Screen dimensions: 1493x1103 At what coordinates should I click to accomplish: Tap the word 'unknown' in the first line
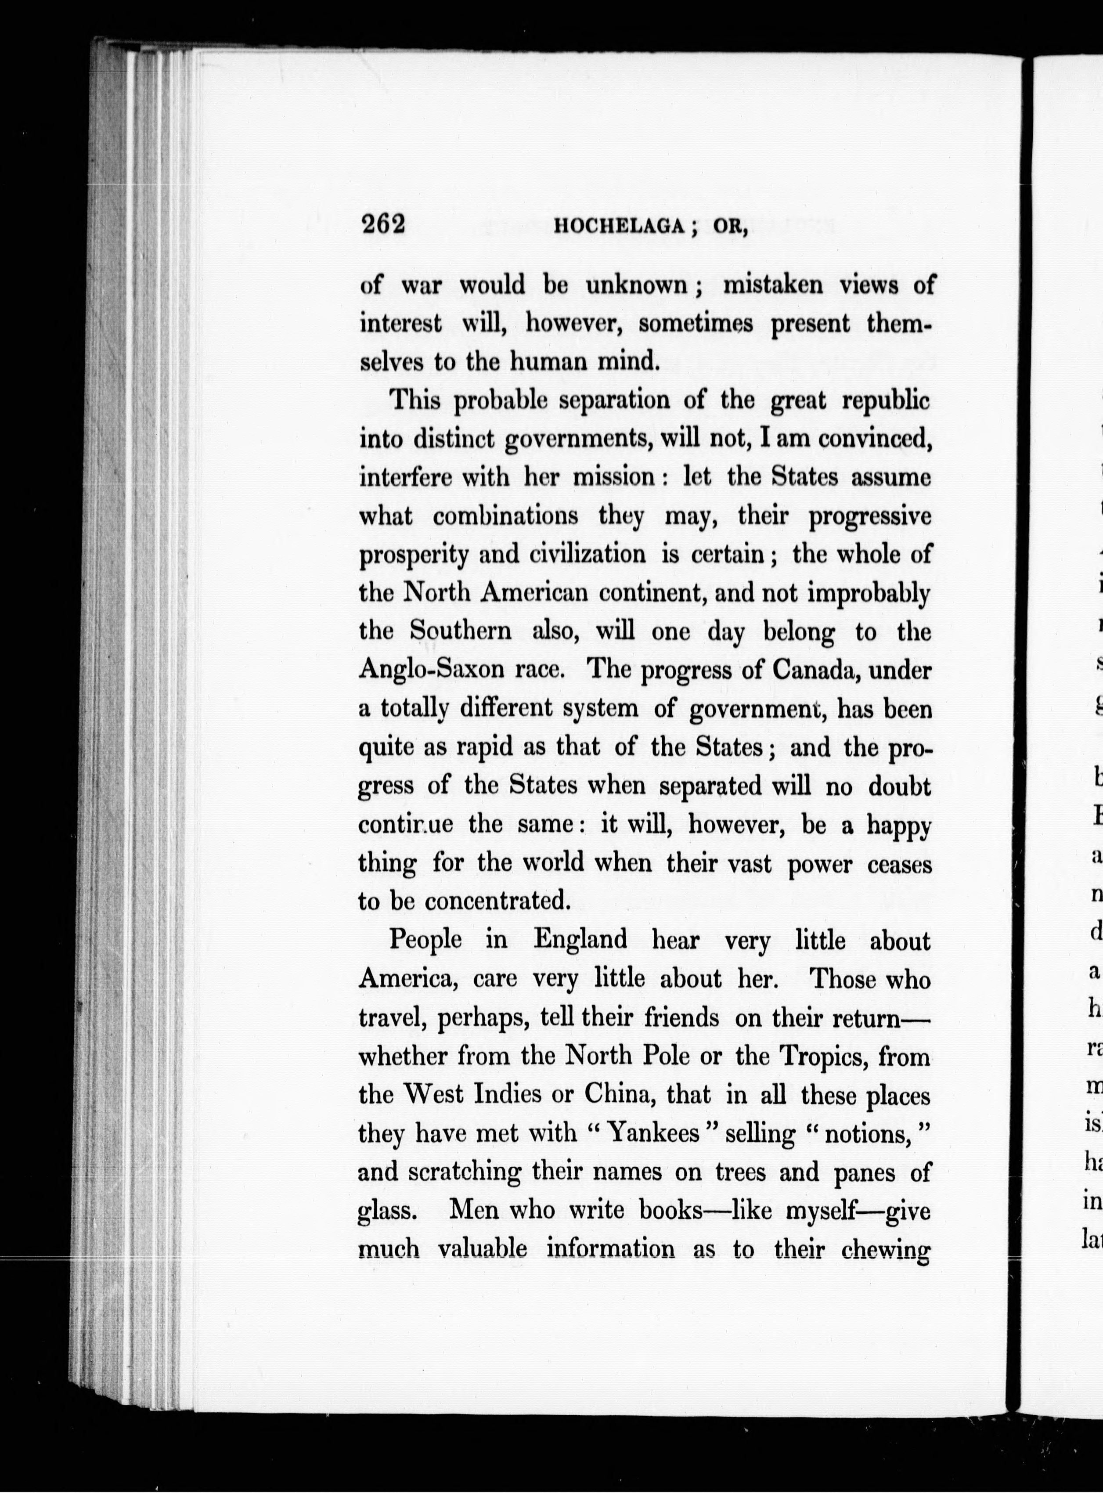tap(637, 285)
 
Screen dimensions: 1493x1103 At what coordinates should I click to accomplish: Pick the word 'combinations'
tap(505, 516)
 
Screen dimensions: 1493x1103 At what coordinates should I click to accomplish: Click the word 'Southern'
tap(461, 631)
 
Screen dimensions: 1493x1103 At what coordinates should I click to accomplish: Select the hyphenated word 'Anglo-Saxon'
tap(441, 670)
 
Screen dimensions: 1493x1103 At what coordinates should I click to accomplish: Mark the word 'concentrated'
tap(497, 902)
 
